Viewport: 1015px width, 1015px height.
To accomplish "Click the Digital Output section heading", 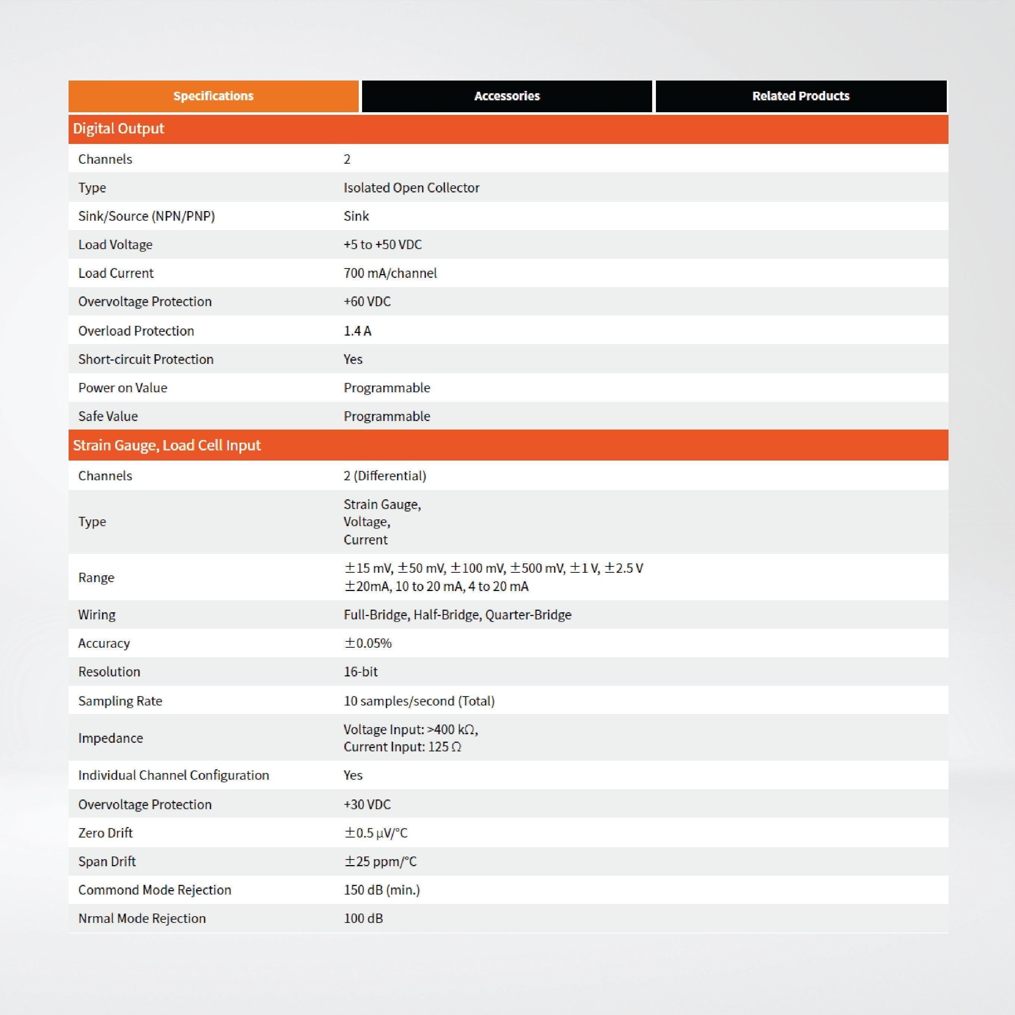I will [119, 129].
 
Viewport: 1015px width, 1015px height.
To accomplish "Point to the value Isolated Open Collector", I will [411, 188].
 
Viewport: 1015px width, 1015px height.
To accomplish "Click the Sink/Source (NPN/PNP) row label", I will [147, 216].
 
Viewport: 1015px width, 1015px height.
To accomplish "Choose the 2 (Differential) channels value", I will [384, 476].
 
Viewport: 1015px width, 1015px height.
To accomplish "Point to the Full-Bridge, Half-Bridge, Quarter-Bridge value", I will [457, 615].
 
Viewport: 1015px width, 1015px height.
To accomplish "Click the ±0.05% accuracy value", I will [368, 643].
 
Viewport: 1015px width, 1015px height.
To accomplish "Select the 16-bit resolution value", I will [361, 672].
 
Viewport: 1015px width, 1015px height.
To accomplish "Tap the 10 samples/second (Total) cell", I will [419, 701].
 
